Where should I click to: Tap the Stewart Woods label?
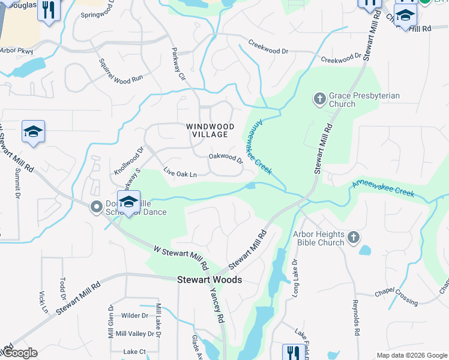209,280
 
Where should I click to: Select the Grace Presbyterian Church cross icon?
320,98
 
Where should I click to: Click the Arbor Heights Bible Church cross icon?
354,238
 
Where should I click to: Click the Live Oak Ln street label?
180,173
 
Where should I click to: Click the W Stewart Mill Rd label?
180,257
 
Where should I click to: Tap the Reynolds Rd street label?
356,317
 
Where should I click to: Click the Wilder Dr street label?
134,316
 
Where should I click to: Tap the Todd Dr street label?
62,289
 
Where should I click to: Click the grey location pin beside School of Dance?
96,208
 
